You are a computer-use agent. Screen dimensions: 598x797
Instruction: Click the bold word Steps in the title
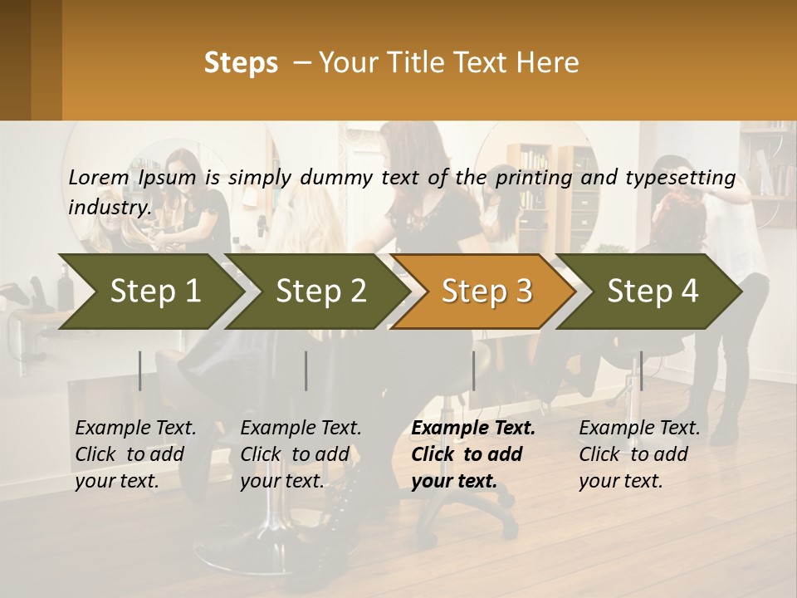tap(241, 63)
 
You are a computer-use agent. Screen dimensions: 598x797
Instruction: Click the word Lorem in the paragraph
tap(98, 177)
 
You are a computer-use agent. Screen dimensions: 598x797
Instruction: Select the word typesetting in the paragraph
tap(680, 177)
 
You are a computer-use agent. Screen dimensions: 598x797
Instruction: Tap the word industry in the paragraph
tap(109, 207)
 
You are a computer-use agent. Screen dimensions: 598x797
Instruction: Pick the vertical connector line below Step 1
tap(140, 370)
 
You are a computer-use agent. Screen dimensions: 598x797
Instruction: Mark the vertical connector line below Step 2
tap(306, 370)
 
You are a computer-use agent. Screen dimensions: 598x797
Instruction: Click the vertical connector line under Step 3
tap(473, 370)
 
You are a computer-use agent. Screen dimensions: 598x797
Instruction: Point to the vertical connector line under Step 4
tap(641, 370)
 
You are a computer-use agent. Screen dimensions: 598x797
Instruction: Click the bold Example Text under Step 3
tap(473, 429)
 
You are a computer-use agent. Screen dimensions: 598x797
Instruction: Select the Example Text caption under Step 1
tap(135, 429)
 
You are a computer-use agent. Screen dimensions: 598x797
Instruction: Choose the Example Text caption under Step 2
tap(301, 429)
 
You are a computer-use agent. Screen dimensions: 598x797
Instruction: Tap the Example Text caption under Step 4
tap(639, 429)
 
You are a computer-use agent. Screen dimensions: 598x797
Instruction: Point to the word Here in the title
tap(549, 63)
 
